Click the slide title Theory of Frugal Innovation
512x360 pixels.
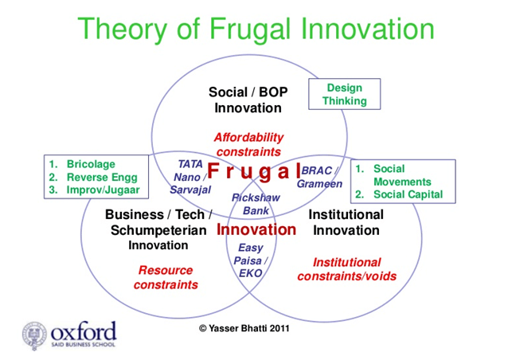(x=256, y=29)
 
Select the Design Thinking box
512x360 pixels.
(x=344, y=94)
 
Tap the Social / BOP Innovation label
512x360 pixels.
(x=248, y=100)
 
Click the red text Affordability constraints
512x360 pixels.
(x=248, y=144)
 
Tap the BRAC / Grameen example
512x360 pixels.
(x=319, y=177)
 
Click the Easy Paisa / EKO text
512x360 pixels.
(x=250, y=260)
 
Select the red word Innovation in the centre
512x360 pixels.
(x=256, y=230)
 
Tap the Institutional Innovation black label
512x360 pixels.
(x=346, y=222)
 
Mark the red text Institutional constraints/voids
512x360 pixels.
(x=346, y=269)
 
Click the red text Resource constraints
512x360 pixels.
(x=166, y=277)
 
